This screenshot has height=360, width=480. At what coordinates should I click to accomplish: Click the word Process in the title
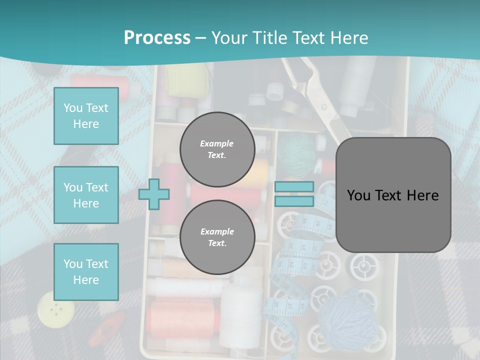[157, 37]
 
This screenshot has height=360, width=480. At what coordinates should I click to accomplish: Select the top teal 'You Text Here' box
[86, 116]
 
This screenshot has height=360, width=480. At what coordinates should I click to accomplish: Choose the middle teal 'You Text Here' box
[86, 195]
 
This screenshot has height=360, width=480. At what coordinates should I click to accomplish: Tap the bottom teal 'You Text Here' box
[86, 271]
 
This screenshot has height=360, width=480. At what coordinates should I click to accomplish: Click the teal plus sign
[154, 194]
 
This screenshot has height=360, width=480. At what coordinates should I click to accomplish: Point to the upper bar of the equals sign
[294, 186]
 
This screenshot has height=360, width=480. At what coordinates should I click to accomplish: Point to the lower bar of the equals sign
[294, 201]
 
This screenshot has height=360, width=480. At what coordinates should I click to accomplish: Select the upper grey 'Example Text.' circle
[217, 149]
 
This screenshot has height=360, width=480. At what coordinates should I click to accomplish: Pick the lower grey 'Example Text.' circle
[217, 237]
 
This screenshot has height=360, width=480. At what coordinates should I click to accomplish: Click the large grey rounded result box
[393, 195]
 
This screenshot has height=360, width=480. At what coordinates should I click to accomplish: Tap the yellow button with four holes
[55, 309]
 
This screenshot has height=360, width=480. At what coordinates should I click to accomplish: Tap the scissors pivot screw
[324, 106]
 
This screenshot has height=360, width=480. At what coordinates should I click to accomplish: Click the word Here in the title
[347, 37]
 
